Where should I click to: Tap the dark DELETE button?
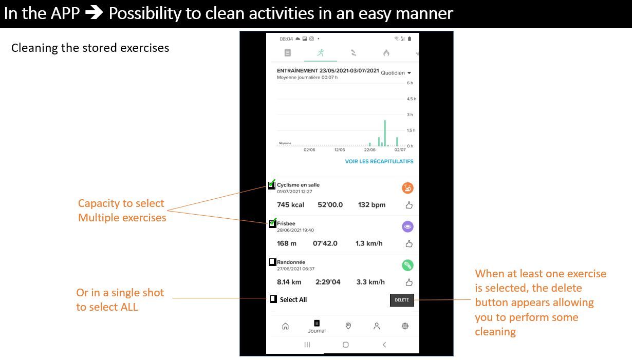click(402, 300)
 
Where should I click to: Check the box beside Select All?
click(273, 299)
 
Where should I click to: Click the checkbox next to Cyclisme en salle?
click(272, 185)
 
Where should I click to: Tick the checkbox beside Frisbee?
click(272, 223)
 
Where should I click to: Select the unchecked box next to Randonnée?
click(272, 262)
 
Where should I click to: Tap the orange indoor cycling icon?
click(407, 188)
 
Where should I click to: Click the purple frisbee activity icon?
click(407, 226)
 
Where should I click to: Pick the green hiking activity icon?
click(407, 266)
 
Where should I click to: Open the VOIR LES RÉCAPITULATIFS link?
click(379, 162)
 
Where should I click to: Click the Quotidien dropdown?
click(396, 73)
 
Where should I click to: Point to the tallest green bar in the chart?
click(385, 133)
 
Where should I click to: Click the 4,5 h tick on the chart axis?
click(412, 99)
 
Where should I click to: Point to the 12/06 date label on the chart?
click(340, 149)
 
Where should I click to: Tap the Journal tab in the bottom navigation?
click(317, 327)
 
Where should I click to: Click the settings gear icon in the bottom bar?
click(405, 326)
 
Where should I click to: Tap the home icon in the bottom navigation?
click(286, 326)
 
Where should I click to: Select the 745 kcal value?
click(290, 205)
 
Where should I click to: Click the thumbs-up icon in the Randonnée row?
click(409, 282)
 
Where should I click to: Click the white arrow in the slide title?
click(94, 13)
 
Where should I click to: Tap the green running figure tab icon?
click(320, 53)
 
